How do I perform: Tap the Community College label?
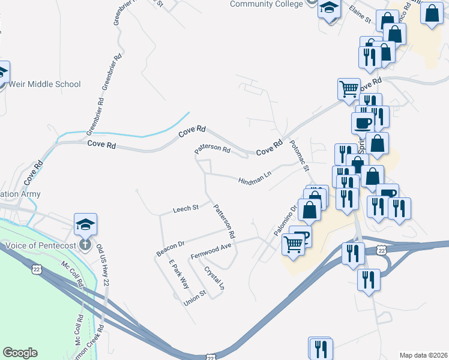coord(266,4)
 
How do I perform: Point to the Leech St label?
coord(185,209)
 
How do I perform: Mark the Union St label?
coord(195,296)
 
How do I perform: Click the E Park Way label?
coord(178,275)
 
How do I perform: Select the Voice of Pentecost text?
coord(39,245)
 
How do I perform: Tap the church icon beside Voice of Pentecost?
coord(85,245)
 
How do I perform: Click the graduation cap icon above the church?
coord(86,224)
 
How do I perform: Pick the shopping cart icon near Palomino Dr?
coord(293,244)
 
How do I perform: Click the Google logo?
coord(20,353)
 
